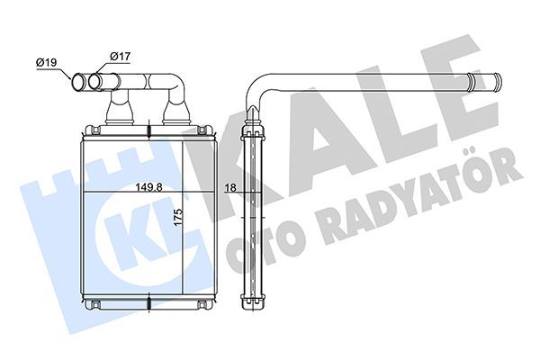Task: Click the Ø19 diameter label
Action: pos(48,62)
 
